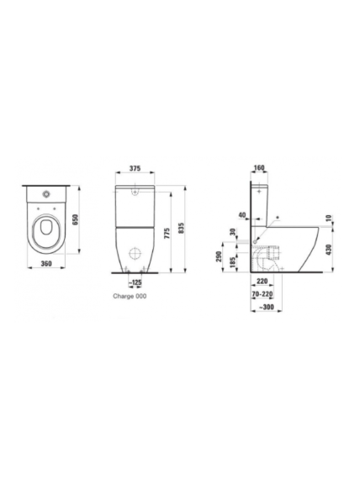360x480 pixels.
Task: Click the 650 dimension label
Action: click(76, 219)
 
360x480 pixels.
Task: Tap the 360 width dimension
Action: click(46, 264)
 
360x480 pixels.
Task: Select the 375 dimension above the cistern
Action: click(135, 168)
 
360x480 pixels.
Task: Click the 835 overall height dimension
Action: click(181, 228)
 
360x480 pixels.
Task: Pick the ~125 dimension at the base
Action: click(135, 282)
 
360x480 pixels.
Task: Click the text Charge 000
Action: click(130, 296)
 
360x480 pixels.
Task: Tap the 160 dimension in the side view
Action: click(259, 168)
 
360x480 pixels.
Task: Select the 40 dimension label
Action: click(242, 215)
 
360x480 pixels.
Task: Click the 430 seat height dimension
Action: click(329, 251)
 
